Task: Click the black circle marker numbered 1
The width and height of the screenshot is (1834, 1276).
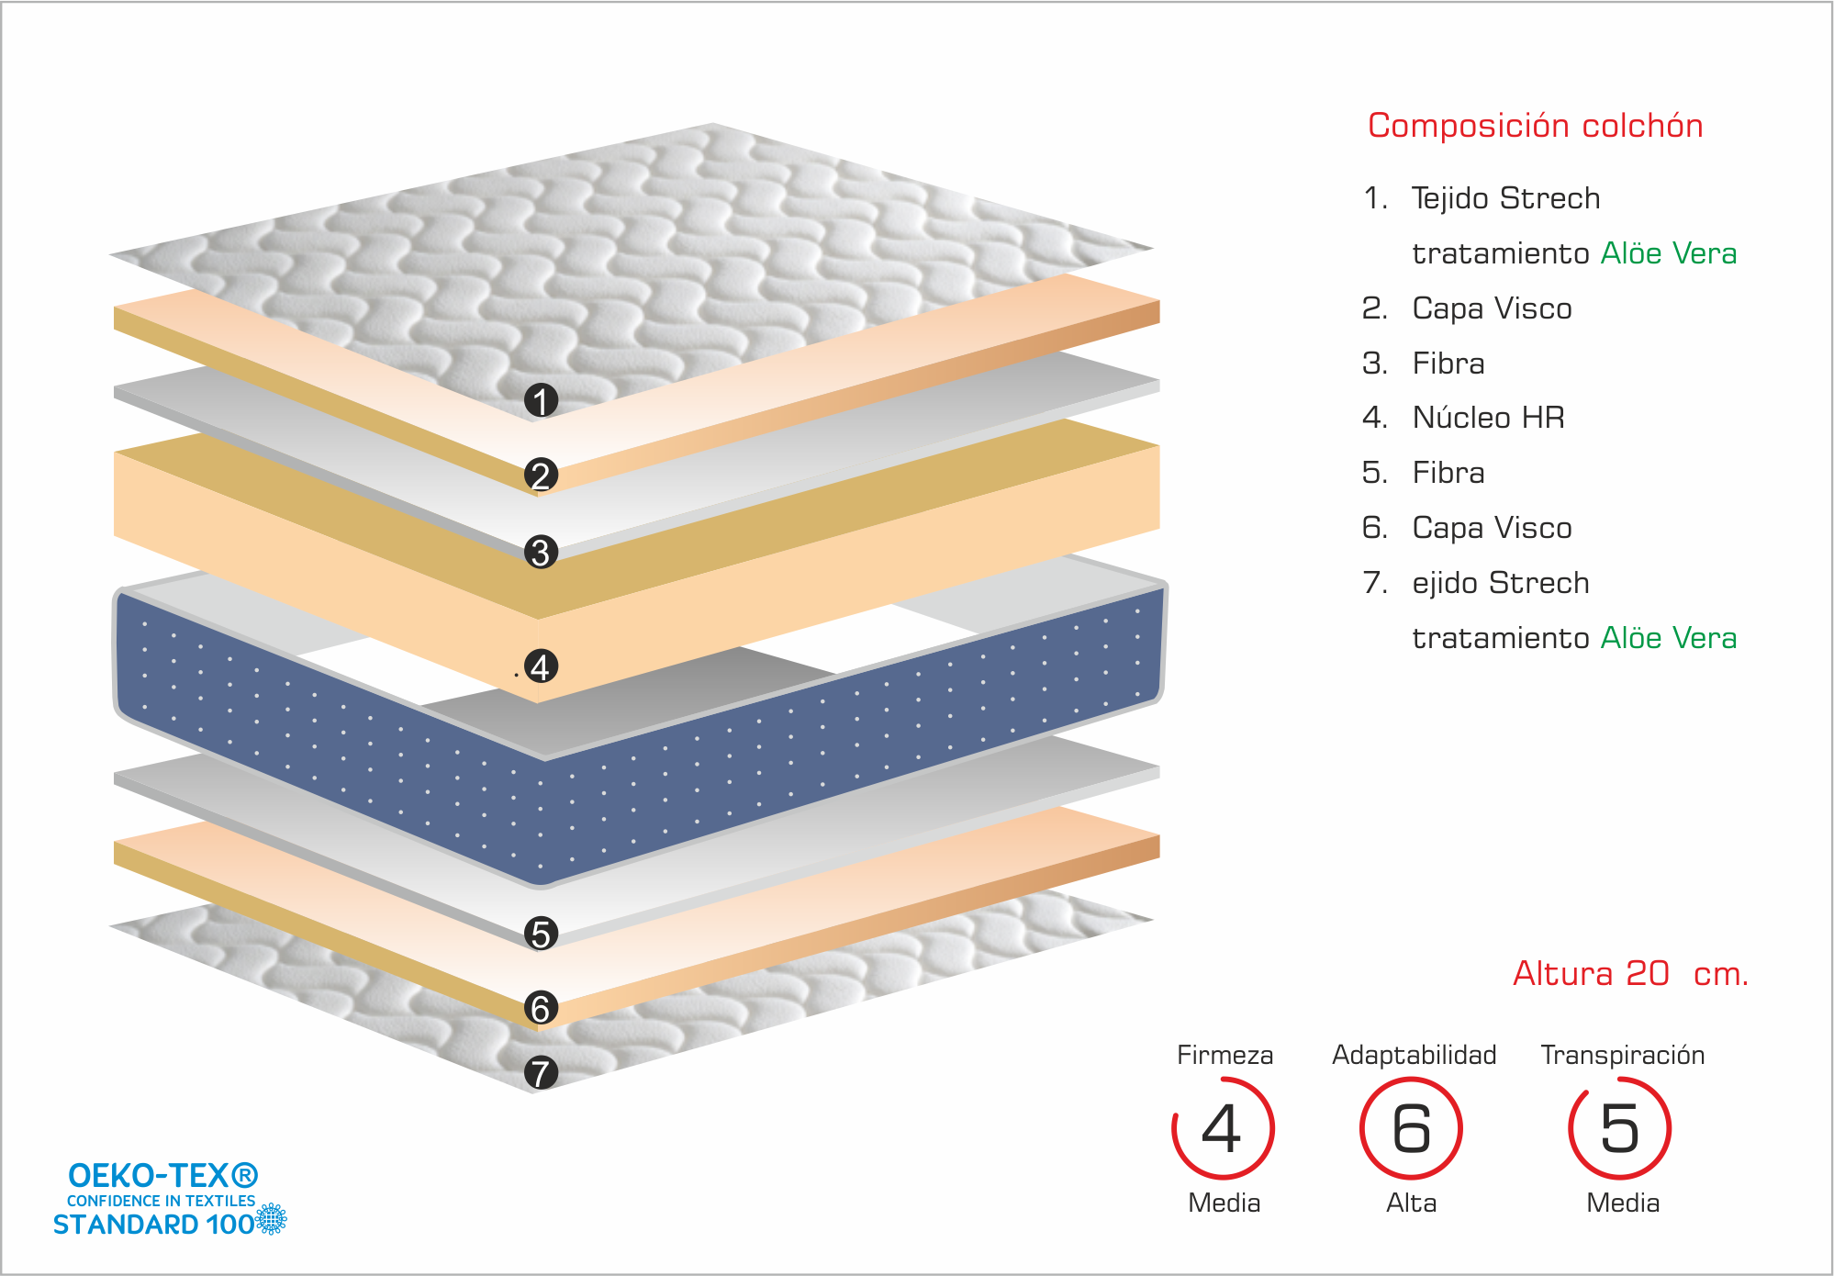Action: [x=542, y=400]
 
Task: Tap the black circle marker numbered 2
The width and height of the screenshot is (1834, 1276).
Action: [x=542, y=475]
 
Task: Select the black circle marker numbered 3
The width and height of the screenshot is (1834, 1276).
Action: [x=542, y=552]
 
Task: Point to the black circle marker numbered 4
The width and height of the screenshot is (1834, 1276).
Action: [x=542, y=666]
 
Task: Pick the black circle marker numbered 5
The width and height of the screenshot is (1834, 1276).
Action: [x=542, y=933]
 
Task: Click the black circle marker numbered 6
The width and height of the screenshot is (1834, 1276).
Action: [x=542, y=1008]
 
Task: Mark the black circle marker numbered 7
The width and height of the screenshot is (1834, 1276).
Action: [x=542, y=1072]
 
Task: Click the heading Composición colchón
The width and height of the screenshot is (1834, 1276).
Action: [x=1535, y=126]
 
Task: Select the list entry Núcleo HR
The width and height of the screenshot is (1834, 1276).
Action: [x=1488, y=418]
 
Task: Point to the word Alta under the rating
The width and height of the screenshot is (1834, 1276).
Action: [x=1411, y=1203]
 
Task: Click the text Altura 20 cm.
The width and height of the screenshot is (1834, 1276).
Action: [x=1630, y=974]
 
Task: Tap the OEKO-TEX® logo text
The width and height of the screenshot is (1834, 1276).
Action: [x=163, y=1175]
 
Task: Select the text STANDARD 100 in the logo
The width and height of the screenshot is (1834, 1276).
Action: [x=153, y=1225]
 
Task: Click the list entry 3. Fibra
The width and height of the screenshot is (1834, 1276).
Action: [x=1424, y=364]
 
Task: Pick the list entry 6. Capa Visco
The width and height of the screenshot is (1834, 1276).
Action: [x=1467, y=528]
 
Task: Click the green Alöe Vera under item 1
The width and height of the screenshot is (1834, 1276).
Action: [x=1669, y=253]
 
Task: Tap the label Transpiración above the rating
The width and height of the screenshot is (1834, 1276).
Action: [x=1622, y=1056]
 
